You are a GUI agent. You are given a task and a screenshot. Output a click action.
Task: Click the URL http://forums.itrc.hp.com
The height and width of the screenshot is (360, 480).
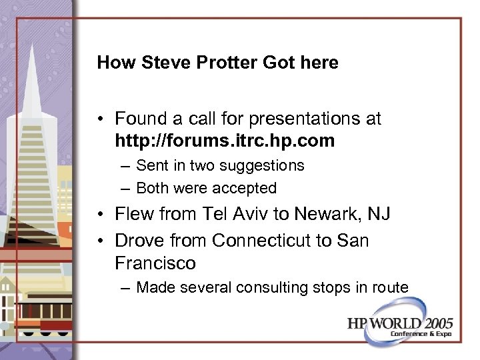coord(224,141)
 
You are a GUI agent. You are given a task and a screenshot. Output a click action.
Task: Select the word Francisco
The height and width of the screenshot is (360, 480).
coord(155,263)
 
